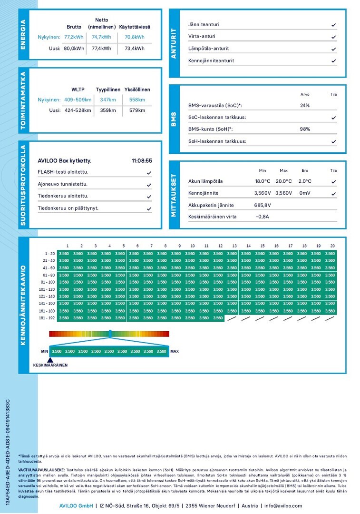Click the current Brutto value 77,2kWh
point(74,37)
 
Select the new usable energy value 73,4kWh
point(135,48)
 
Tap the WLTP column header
point(78,89)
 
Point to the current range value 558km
point(137,99)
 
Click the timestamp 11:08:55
point(142,161)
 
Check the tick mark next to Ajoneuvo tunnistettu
point(149,185)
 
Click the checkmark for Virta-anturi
point(334,37)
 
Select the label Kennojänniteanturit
point(211,61)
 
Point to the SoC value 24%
point(305,106)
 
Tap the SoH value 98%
point(305,129)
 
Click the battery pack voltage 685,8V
point(263,205)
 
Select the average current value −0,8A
point(263,217)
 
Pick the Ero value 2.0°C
point(305,181)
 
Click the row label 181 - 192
point(47,318)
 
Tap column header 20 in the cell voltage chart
point(332,246)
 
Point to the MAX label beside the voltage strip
point(175,352)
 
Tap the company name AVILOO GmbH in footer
point(73,506)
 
